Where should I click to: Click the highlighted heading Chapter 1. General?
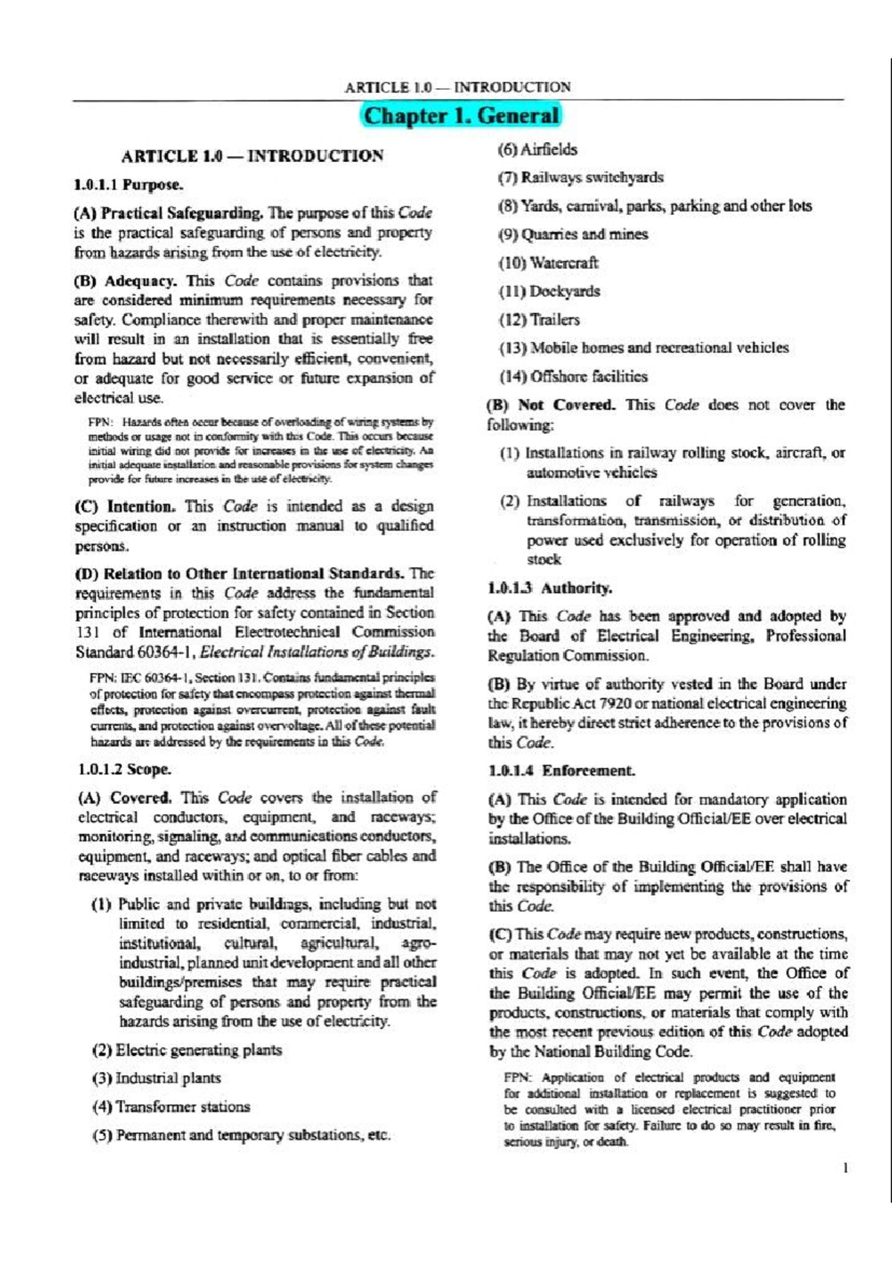click(461, 116)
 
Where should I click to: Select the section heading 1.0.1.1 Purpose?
click(128, 184)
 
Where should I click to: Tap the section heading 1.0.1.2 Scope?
click(124, 769)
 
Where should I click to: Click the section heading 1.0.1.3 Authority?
click(550, 588)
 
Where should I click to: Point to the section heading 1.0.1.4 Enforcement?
click(561, 770)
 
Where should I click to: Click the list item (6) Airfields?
click(537, 149)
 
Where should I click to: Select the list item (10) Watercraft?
click(549, 263)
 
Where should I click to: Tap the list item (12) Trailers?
click(540, 320)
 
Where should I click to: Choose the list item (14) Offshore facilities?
click(573, 376)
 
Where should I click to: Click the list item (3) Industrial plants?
click(157, 1078)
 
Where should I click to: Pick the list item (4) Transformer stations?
click(171, 1106)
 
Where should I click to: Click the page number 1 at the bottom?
click(846, 1168)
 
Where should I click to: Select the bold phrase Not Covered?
click(566, 405)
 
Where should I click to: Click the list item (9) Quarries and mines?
click(573, 235)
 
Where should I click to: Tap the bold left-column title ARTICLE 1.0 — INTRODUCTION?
click(252, 156)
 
